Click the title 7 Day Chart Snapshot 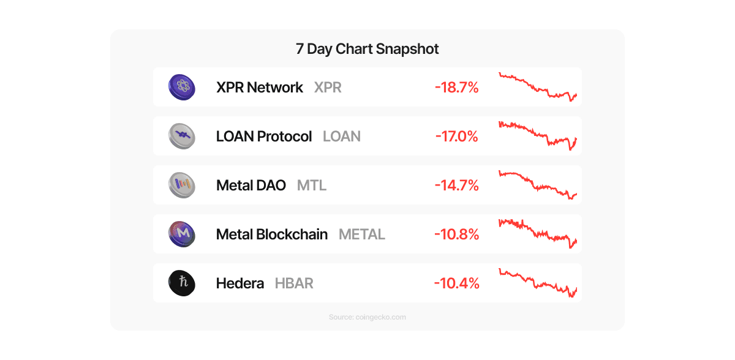(367, 49)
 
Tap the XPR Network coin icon (181, 87)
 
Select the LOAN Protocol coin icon (181, 136)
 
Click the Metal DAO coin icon (181, 185)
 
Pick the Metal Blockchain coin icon (181, 234)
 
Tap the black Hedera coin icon (181, 283)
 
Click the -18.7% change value (456, 88)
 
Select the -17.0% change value (456, 137)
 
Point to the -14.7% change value (456, 186)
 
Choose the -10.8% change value (456, 234)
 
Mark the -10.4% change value (456, 283)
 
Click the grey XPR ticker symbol (328, 88)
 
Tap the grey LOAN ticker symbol (342, 137)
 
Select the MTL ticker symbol (312, 186)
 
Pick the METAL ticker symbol (362, 234)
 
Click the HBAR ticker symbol (294, 283)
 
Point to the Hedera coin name (240, 283)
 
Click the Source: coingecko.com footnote (367, 317)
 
